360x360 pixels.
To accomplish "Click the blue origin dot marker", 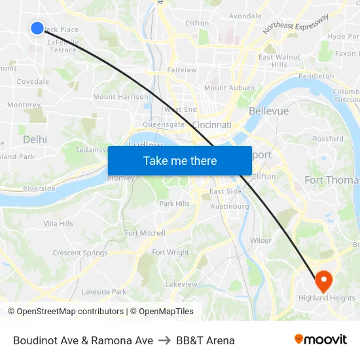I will (x=37, y=27).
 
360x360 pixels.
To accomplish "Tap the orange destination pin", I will (x=323, y=281).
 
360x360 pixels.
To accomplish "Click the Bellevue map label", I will (x=268, y=111).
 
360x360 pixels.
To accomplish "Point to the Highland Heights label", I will (x=327, y=298).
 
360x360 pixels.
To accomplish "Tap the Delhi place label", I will (x=35, y=139).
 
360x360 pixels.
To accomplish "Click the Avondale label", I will (x=245, y=16).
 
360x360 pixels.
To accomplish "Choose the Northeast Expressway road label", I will (x=296, y=24).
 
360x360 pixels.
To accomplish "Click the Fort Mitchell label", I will (x=145, y=233).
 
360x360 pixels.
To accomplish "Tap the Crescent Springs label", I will (x=80, y=253).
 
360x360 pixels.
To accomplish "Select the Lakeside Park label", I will (x=104, y=292).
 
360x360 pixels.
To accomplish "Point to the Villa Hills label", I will (x=58, y=224).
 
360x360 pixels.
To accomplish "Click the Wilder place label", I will (x=261, y=241).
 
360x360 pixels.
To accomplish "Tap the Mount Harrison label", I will (x=120, y=97).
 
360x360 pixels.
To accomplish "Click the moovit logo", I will (x=320, y=340).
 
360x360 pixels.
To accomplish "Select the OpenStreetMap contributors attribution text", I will (x=70, y=312).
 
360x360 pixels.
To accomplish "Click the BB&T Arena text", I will (x=206, y=340).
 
